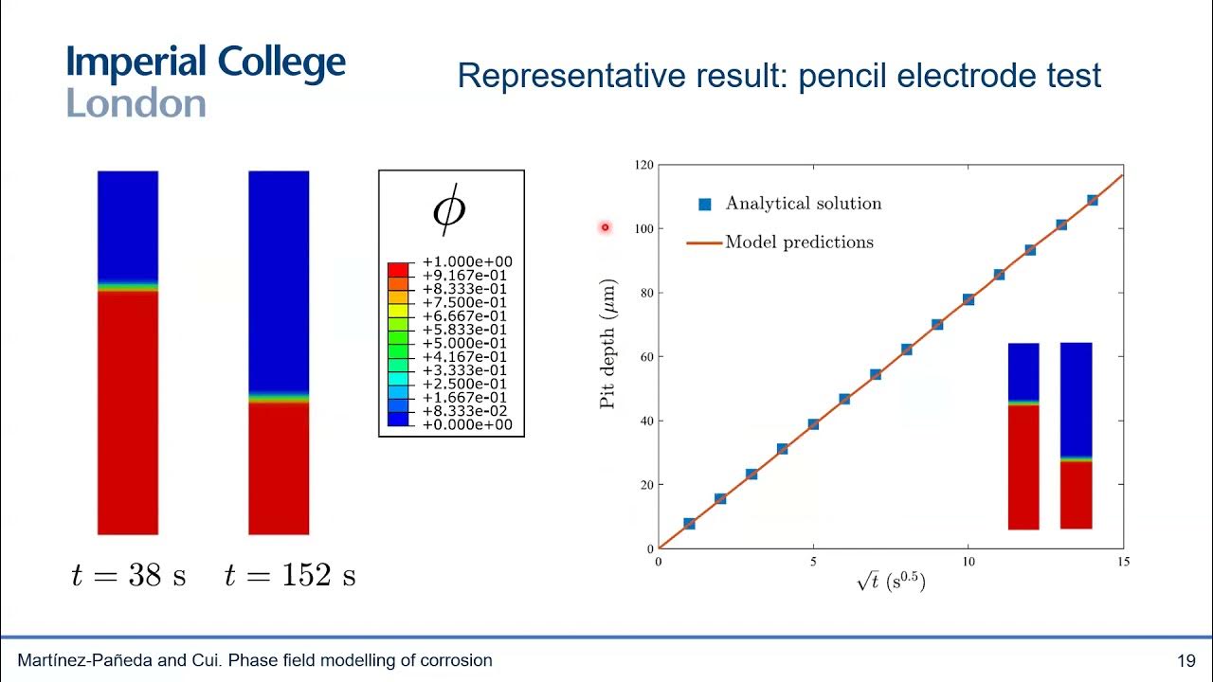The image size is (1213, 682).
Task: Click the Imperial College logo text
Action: [x=206, y=63]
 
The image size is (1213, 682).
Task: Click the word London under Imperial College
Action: [x=136, y=103]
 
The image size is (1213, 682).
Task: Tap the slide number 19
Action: [x=1186, y=660]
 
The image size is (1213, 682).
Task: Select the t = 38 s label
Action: [x=129, y=576]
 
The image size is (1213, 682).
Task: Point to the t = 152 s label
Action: [x=290, y=576]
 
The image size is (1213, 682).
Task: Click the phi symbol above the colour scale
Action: [x=449, y=211]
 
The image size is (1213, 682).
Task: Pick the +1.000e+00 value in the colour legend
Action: [x=466, y=261]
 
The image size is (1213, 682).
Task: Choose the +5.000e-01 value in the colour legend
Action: [x=466, y=343]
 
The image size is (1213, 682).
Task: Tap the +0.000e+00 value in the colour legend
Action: [x=466, y=424]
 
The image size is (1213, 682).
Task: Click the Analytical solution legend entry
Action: [x=803, y=204]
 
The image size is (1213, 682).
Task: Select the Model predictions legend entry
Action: [x=799, y=242]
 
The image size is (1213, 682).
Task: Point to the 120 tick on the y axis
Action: [x=643, y=165]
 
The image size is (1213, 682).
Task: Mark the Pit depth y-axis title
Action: [x=608, y=344]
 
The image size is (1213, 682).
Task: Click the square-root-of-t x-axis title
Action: [x=890, y=583]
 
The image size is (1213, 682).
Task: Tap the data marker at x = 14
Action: [x=1092, y=200]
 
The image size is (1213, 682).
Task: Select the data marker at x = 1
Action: [x=689, y=524]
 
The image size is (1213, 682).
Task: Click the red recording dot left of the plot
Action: [x=605, y=227]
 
